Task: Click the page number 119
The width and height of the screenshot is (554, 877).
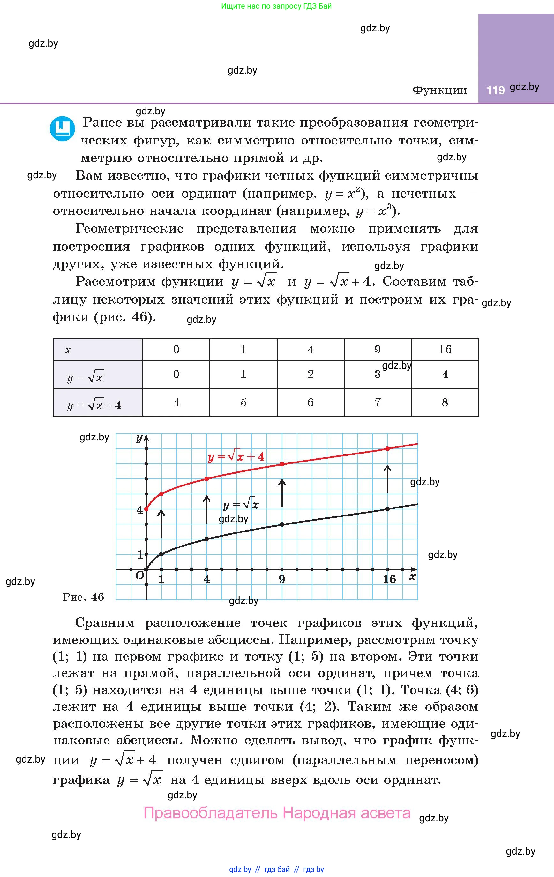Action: tap(495, 90)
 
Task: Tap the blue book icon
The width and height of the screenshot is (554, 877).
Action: tap(63, 128)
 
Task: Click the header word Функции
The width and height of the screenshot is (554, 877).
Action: tap(439, 90)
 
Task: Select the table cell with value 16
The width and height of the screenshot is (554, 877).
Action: tap(445, 349)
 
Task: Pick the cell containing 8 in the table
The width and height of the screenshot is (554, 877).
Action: tap(445, 402)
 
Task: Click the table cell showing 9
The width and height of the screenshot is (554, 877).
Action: tap(377, 349)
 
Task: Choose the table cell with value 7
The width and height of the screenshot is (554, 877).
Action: tap(377, 402)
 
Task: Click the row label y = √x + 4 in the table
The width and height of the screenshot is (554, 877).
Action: tap(94, 405)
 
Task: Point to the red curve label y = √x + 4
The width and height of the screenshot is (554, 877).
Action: tap(236, 457)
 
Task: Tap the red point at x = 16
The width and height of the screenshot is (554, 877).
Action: tap(387, 449)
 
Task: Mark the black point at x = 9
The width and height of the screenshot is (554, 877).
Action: tap(282, 524)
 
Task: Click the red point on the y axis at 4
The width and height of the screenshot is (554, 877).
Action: tap(146, 509)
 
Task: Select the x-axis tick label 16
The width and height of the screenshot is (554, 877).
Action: tap(389, 579)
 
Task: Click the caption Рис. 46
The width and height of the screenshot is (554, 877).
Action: tap(83, 597)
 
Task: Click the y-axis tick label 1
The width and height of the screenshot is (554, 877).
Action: tap(140, 554)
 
